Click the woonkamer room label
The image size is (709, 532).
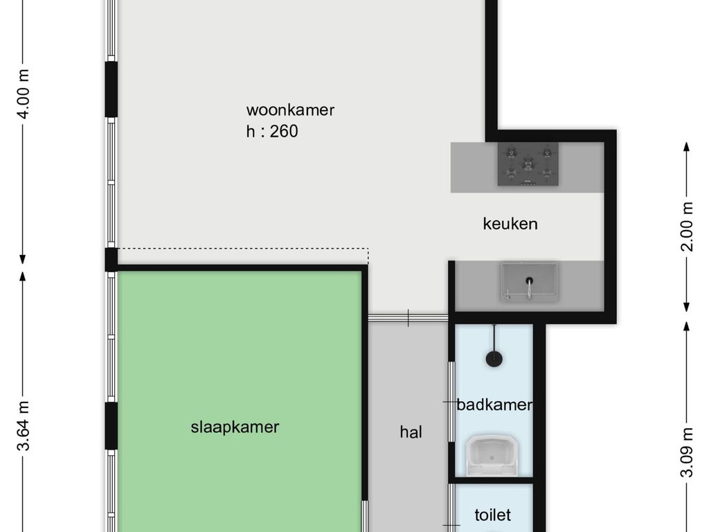[x=290, y=110]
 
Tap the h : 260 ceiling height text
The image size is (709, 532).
[x=272, y=131]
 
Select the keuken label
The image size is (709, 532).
[x=510, y=224]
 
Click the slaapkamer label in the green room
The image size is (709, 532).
[x=235, y=427]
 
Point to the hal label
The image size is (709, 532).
[x=411, y=432]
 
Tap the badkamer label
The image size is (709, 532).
[x=494, y=405]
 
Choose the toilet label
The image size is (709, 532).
[x=492, y=515]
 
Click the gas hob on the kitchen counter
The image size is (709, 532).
[x=528, y=164]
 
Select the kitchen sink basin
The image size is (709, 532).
[x=530, y=283]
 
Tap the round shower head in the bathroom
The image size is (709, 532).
[x=494, y=360]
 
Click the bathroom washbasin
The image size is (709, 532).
[x=492, y=456]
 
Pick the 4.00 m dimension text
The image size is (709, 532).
[x=23, y=94]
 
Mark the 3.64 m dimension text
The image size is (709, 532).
[x=23, y=426]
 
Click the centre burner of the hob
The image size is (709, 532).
[x=528, y=163]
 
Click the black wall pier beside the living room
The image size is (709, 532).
[x=111, y=89]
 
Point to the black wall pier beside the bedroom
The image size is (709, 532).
[x=111, y=426]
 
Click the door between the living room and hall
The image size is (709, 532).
[x=408, y=317]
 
